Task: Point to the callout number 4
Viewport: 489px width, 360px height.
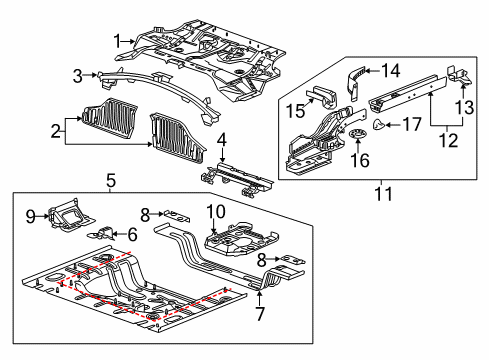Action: (x=222, y=140)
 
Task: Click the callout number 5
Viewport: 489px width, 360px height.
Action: (x=112, y=181)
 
